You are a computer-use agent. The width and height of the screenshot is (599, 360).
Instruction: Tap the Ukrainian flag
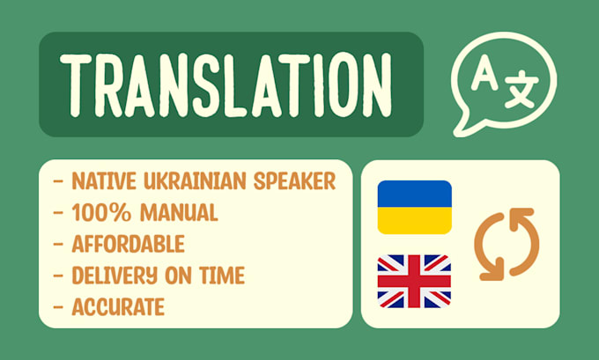pos(414,207)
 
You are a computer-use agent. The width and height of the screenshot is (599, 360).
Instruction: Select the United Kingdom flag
pos(414,282)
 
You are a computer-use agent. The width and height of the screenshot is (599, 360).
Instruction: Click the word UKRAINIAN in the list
pos(188,181)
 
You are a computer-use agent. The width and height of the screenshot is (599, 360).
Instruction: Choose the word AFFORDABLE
pos(128,243)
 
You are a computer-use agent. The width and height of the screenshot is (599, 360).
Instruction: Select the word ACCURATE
pos(118,306)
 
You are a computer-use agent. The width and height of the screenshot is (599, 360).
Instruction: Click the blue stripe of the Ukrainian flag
pos(414,194)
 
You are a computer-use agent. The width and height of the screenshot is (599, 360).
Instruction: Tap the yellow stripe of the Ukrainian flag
pos(414,220)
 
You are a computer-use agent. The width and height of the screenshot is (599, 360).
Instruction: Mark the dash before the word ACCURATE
pos(59,306)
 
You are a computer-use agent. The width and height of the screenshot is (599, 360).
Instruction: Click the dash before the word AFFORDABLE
pos(59,243)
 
